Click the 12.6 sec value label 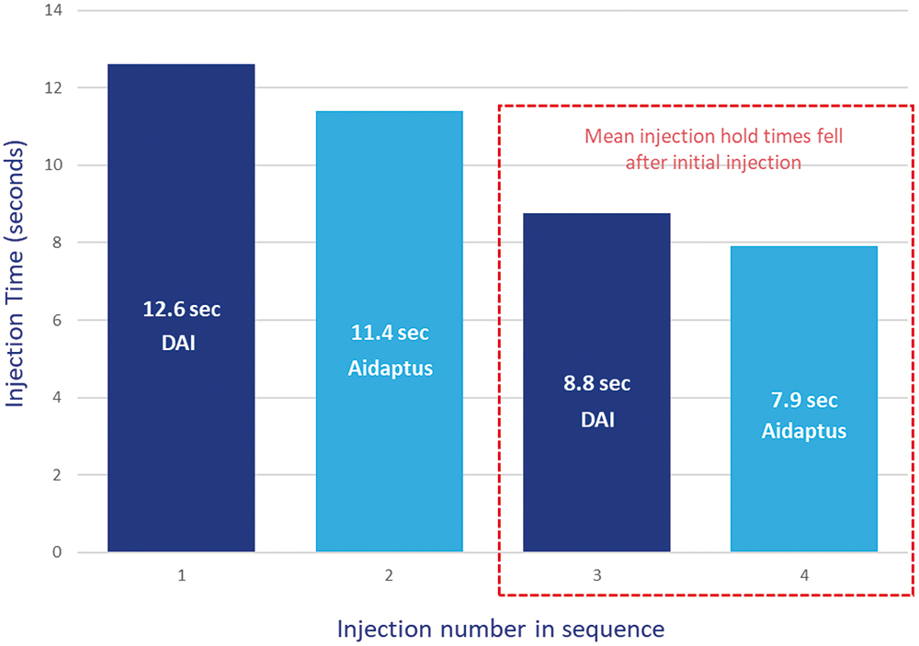coord(181,310)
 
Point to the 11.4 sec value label coord(389,332)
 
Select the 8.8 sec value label coord(596,383)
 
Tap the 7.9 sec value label coord(804,401)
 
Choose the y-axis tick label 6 coord(57,321)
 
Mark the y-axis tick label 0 coord(57,552)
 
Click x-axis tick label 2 coord(389,577)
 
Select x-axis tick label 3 coord(596,577)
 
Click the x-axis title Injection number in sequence coord(500,629)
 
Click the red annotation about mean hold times coord(713,149)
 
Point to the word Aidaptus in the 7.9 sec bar coord(804,431)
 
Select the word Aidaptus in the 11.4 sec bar coord(389,368)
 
